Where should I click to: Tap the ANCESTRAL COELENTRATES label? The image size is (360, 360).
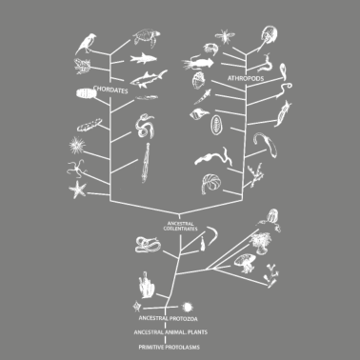(x=180, y=225)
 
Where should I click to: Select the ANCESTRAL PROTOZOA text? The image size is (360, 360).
(x=167, y=316)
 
